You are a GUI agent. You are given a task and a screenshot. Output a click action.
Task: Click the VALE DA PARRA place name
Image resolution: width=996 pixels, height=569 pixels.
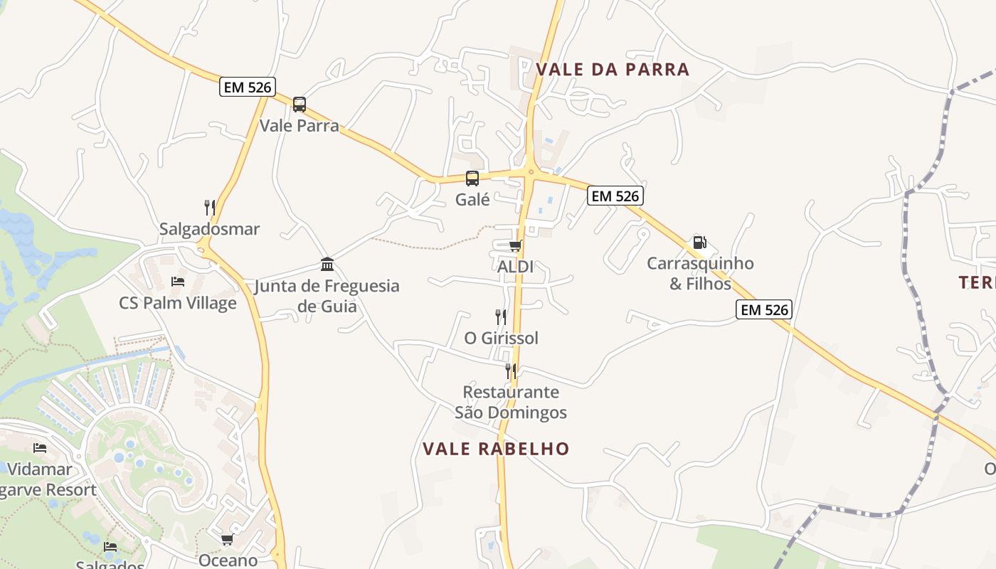point(613,69)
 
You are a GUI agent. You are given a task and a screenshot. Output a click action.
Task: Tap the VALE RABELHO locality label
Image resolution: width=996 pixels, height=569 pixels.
point(496,449)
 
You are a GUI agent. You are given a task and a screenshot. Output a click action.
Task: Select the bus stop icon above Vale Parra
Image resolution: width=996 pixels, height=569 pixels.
point(300,105)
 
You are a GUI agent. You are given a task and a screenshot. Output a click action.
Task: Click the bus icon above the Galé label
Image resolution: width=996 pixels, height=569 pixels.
point(472,179)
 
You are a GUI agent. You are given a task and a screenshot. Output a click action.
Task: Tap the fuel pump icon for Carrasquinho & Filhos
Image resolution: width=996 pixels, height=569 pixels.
point(700,243)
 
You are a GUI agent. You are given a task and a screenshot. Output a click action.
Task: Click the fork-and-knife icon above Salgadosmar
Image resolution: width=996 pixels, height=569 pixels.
point(210,208)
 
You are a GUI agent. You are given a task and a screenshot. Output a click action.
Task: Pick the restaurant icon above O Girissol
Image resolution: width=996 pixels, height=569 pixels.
point(501,317)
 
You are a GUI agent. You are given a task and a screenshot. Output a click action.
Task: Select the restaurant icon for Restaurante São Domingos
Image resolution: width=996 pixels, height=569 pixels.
point(511,371)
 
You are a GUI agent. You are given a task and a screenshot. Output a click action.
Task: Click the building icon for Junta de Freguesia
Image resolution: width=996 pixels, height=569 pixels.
point(327,265)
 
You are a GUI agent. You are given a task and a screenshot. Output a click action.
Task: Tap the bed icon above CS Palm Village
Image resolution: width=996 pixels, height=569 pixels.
point(178,282)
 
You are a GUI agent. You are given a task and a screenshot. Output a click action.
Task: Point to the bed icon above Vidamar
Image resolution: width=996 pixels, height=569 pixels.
point(40,448)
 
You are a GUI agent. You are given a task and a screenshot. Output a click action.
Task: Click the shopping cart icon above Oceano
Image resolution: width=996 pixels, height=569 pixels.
point(228,539)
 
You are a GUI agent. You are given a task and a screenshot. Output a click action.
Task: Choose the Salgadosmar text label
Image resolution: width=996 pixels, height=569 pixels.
point(209,229)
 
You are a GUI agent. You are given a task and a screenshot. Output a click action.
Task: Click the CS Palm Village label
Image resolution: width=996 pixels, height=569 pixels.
point(177,303)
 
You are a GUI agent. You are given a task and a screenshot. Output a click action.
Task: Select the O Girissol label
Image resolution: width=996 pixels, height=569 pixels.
point(501,338)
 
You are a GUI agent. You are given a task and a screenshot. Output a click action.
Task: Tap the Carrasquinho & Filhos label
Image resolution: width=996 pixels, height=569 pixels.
point(700,273)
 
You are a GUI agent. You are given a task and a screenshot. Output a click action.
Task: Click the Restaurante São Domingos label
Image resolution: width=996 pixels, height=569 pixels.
point(511,402)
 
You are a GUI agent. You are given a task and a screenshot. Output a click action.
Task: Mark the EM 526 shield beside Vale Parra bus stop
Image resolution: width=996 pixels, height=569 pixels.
point(247,87)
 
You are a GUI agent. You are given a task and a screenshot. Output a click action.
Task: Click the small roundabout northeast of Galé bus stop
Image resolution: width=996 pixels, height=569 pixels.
point(531,171)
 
